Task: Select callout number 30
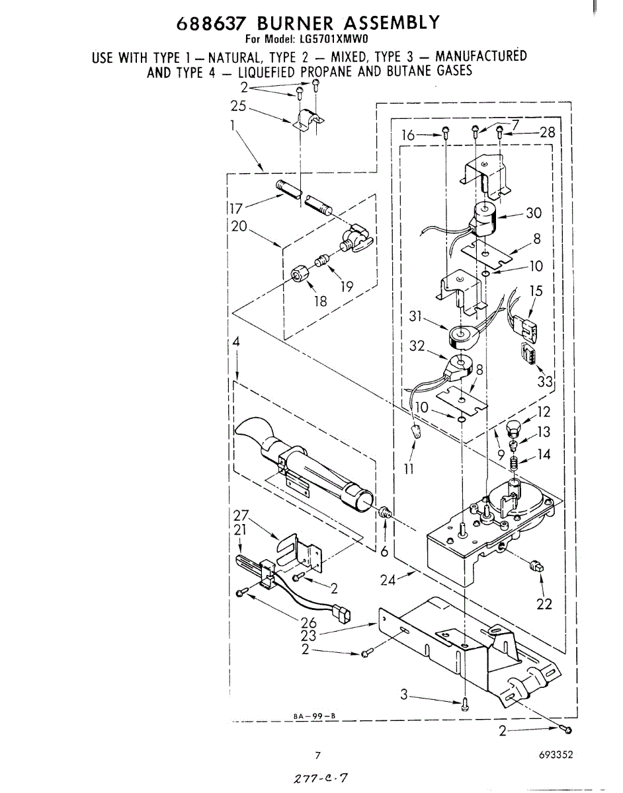point(533,213)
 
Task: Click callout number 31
point(415,317)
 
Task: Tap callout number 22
point(544,604)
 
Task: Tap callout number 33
point(545,381)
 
